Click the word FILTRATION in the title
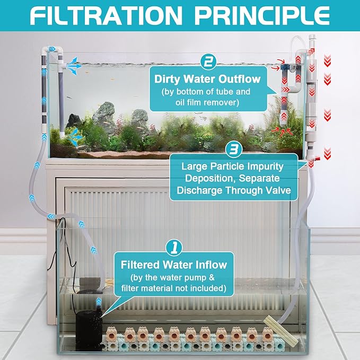click(106, 15)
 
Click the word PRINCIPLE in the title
click(262, 15)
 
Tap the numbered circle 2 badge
click(208, 62)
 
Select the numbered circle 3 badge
click(234, 150)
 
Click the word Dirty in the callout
click(168, 79)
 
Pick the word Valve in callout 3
click(278, 190)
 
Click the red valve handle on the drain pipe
click(317, 158)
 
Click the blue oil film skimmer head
click(284, 68)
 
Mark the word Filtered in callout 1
click(141, 265)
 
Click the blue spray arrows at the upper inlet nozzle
click(74, 66)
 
